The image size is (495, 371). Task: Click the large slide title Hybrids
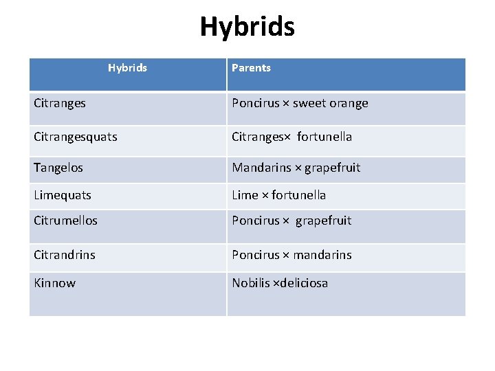pyautogui.click(x=247, y=27)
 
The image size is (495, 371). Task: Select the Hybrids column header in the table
pyautogui.click(x=127, y=68)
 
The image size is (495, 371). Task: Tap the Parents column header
pyautogui.click(x=251, y=68)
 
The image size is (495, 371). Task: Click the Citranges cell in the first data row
pyautogui.click(x=60, y=104)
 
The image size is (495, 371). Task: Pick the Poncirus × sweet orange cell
pyautogui.click(x=300, y=104)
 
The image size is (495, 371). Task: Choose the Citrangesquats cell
pyautogui.click(x=76, y=137)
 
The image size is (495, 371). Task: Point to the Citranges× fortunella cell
pyautogui.click(x=291, y=137)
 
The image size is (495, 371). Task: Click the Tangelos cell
pyautogui.click(x=58, y=168)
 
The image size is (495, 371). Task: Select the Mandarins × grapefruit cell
pyautogui.click(x=296, y=168)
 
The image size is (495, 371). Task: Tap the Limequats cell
pyautogui.click(x=63, y=195)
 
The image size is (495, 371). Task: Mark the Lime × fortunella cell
pyautogui.click(x=278, y=195)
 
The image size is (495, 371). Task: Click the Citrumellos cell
pyautogui.click(x=65, y=221)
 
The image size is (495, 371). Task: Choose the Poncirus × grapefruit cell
pyautogui.click(x=291, y=221)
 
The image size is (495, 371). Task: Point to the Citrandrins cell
pyautogui.click(x=65, y=255)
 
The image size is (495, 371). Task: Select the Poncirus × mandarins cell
pyautogui.click(x=291, y=255)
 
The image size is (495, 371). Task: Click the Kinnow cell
pyautogui.click(x=55, y=283)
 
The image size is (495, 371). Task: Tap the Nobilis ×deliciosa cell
pyautogui.click(x=280, y=283)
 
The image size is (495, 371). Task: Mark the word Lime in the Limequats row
pyautogui.click(x=245, y=195)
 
